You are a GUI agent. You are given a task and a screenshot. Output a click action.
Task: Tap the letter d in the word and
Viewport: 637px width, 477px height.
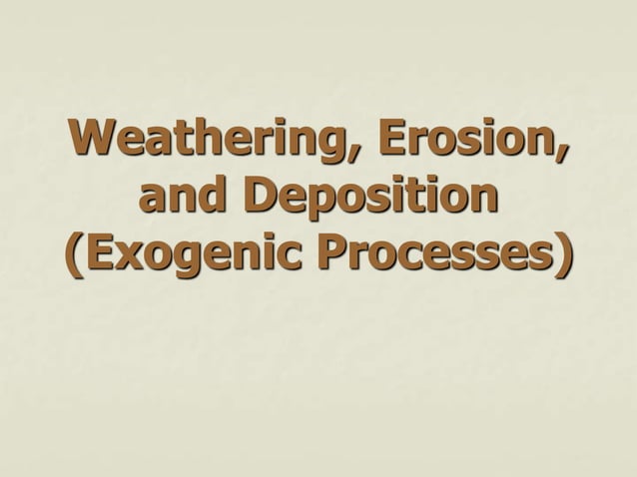pos(225,198)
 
